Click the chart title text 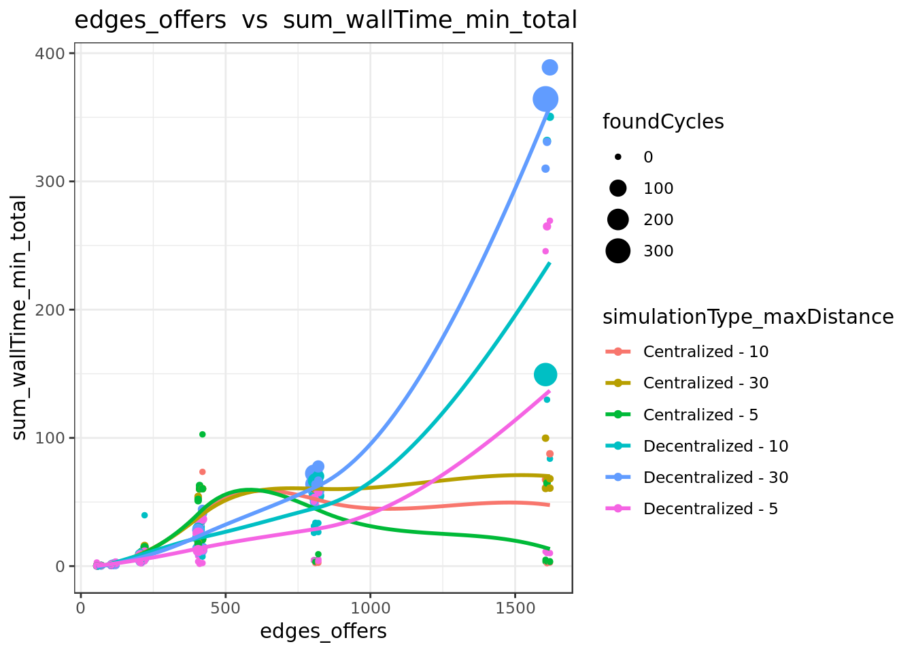pyautogui.click(x=326, y=20)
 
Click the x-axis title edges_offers pyautogui.click(x=323, y=631)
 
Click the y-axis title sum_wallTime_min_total pyautogui.click(x=19, y=318)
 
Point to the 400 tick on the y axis pyautogui.click(x=50, y=54)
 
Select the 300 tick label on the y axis pyautogui.click(x=50, y=182)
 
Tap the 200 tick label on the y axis pyautogui.click(x=50, y=309)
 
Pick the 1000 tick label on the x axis pyautogui.click(x=371, y=609)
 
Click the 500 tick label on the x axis pyautogui.click(x=226, y=609)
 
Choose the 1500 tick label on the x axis pyautogui.click(x=515, y=609)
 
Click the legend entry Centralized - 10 pyautogui.click(x=686, y=352)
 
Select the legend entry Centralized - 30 pyautogui.click(x=686, y=383)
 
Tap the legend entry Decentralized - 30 pyautogui.click(x=696, y=477)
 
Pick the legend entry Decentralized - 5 pyautogui.click(x=691, y=509)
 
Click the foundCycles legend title pyautogui.click(x=663, y=122)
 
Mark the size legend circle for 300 pyautogui.click(x=618, y=250)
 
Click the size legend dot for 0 pyautogui.click(x=618, y=156)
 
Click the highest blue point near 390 pyautogui.click(x=549, y=67)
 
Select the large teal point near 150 pyautogui.click(x=545, y=374)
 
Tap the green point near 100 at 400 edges pyautogui.click(x=203, y=434)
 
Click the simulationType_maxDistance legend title pyautogui.click(x=748, y=317)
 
